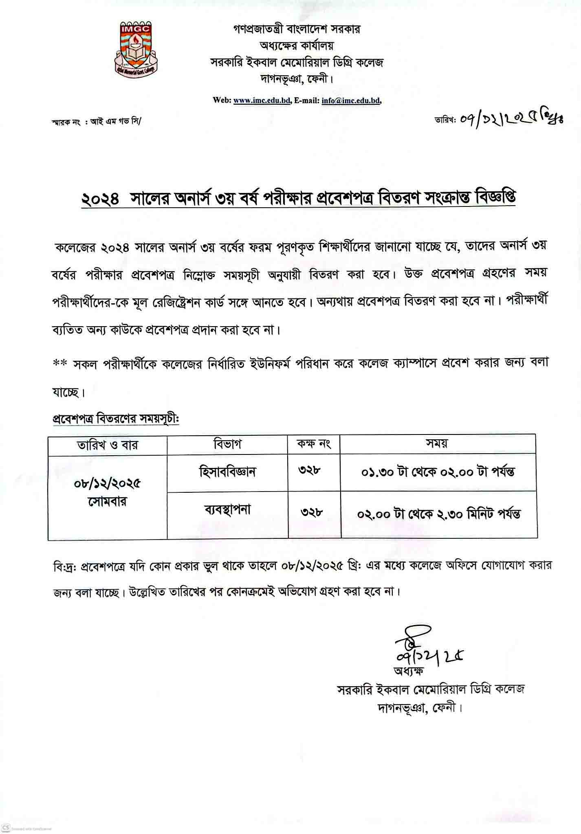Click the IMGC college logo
click(136, 48)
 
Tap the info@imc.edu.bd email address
click(351, 101)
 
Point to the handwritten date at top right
click(511, 119)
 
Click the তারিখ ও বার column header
click(108, 445)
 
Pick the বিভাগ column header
click(227, 444)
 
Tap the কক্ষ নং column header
click(313, 444)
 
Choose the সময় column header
click(437, 443)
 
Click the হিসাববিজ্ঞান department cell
click(227, 472)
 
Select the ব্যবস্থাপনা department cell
click(227, 510)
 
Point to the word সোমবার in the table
click(108, 502)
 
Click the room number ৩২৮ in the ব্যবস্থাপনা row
click(313, 512)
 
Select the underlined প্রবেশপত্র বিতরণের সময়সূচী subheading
click(116, 419)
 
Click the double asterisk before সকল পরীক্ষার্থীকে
click(60, 362)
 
